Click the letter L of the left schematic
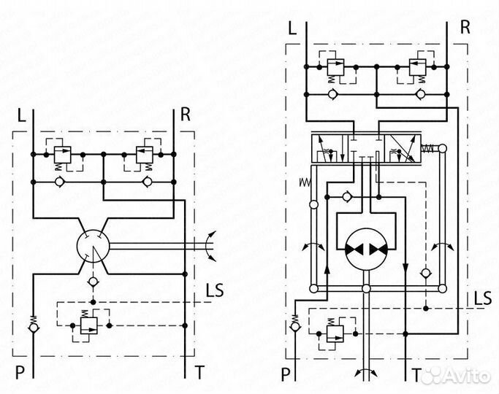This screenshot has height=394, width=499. point(20,115)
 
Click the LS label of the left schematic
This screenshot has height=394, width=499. point(215,289)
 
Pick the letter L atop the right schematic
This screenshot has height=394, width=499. point(292,28)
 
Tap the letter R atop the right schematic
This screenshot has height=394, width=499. point(465,28)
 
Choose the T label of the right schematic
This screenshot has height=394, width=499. point(416,375)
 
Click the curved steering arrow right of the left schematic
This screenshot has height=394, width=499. point(211,245)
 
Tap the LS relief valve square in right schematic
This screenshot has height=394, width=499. point(336,333)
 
